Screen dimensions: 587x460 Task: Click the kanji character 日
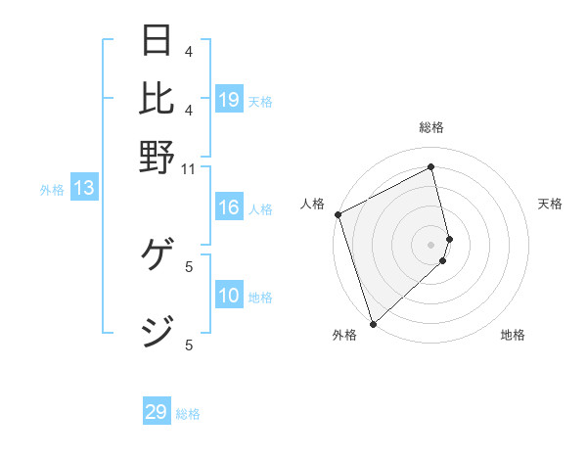point(158,40)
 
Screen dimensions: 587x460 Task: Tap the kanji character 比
point(158,97)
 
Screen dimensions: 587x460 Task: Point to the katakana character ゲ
point(158,258)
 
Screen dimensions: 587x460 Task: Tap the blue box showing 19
point(229,100)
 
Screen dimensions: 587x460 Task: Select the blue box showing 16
point(229,207)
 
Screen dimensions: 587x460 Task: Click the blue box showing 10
point(229,296)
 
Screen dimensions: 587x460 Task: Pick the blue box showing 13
point(83,189)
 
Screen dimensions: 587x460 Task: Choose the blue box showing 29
point(157,412)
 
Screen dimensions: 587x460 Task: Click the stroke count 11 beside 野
point(189,168)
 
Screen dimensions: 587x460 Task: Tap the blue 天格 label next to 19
point(260,101)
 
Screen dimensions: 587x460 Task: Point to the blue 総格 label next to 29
point(188,414)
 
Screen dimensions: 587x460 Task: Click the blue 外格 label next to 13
point(51,190)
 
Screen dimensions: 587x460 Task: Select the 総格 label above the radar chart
point(430,127)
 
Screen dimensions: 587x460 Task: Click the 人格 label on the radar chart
point(312,204)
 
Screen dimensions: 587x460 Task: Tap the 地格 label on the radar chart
point(513,335)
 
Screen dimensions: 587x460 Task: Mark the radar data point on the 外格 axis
point(372,323)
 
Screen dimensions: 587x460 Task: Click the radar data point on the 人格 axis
point(338,214)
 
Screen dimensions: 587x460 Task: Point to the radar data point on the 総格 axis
point(430,166)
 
